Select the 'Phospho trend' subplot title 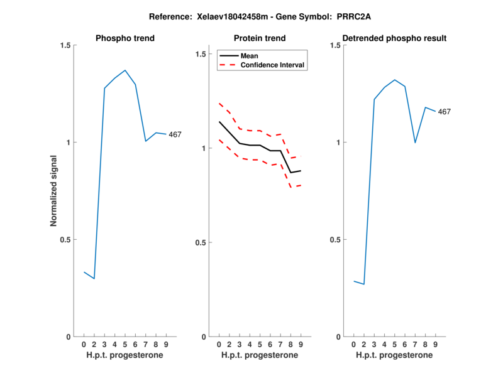point(124,38)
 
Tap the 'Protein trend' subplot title point(260,38)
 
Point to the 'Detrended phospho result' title point(394,38)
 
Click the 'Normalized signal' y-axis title point(54,190)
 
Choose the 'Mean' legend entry point(249,56)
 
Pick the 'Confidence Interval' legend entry point(273,65)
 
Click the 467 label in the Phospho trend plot point(175,134)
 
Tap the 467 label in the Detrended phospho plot point(444,112)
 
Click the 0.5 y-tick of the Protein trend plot point(199,242)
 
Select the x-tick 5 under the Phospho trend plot point(125,344)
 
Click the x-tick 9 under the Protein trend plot point(301,344)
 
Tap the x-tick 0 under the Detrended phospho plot point(354,344)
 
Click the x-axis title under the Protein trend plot point(260,355)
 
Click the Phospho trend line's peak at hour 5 point(125,70)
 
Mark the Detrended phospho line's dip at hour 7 point(415,143)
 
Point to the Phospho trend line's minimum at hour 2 point(94,278)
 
